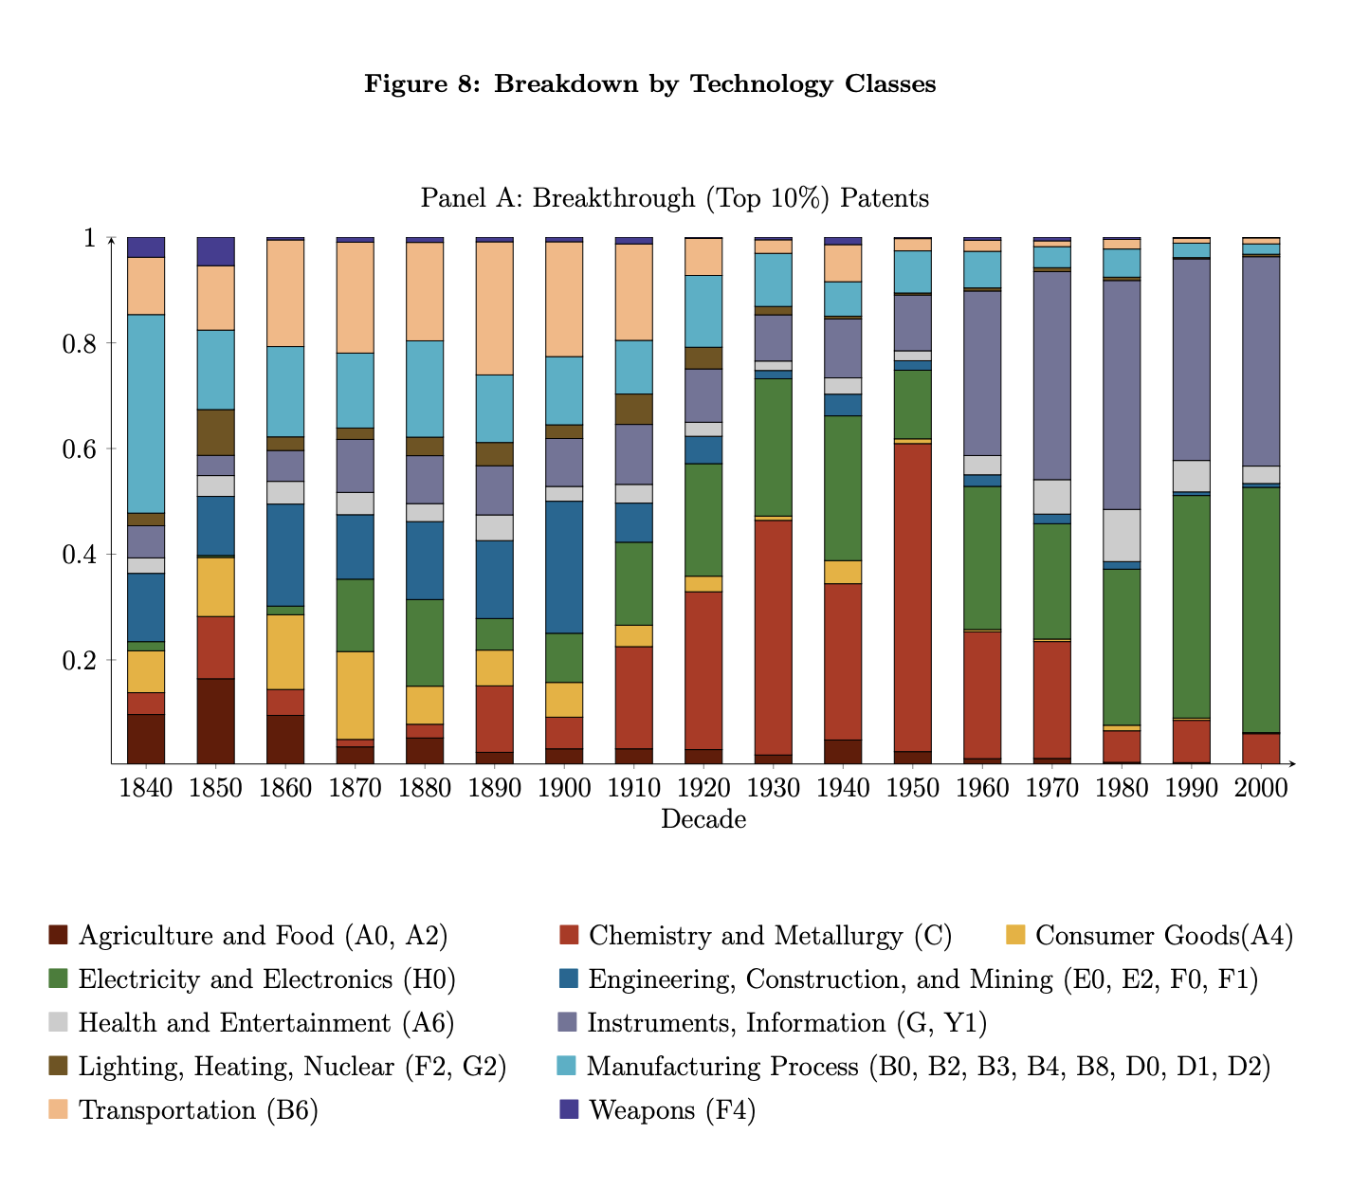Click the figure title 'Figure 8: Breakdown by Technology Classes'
coord(650,84)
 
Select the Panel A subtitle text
coord(674,198)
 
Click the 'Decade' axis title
coord(703,819)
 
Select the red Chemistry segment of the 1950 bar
coord(913,597)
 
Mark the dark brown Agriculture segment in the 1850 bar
coord(215,721)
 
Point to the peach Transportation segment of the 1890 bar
coord(495,308)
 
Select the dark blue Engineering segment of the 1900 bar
coord(564,567)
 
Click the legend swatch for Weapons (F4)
coord(569,1110)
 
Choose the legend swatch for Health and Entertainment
coord(59,1023)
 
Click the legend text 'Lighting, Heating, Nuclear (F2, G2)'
coord(292,1067)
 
